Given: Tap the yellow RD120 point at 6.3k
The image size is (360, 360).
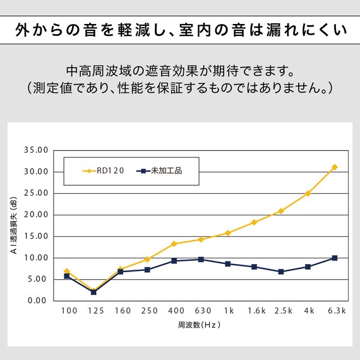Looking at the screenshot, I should (335, 167).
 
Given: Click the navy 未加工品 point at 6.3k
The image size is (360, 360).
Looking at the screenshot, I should (335, 258).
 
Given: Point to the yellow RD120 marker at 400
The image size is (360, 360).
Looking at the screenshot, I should (174, 244).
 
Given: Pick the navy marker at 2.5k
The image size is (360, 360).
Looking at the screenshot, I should (281, 272).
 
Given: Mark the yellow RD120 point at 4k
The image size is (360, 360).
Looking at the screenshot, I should (308, 193).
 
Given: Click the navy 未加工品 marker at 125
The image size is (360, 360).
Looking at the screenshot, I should (93, 292).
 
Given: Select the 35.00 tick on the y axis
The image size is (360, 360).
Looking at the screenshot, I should (36, 150).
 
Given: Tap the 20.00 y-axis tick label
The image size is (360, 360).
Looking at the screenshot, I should (36, 215).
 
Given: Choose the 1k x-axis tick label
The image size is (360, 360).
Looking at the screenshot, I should (227, 311).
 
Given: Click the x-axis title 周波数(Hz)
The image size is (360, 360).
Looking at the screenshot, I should (200, 326).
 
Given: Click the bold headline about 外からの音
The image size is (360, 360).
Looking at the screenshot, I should (180, 30).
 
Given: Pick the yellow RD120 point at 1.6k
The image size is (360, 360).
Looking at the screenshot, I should (254, 222).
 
